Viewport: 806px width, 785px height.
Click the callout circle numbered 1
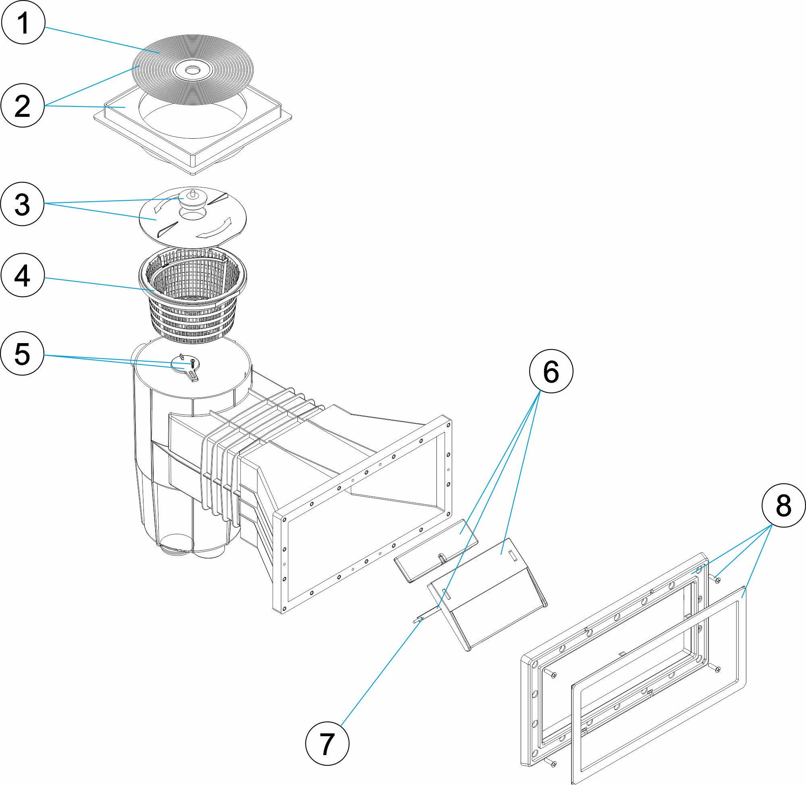point(23,23)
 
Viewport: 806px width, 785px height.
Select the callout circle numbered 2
point(23,106)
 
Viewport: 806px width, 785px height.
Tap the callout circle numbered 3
point(23,204)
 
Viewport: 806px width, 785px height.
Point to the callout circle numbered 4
point(23,275)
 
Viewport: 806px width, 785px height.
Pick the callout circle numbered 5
point(23,353)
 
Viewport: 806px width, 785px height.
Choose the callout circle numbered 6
point(551,371)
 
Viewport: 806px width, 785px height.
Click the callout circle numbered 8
point(783,506)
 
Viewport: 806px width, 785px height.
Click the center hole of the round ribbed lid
point(192,71)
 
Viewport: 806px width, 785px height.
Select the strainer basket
point(193,305)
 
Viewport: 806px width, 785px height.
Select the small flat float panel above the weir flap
point(436,550)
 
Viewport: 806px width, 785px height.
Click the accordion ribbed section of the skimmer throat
point(231,462)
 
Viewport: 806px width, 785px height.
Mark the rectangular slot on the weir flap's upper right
point(513,555)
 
